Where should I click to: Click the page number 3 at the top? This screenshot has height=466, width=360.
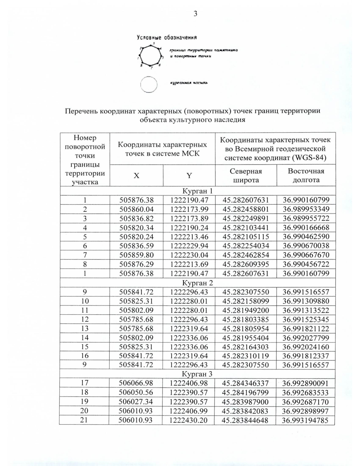coord(195,14)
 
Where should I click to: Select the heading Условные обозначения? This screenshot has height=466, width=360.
coord(166,38)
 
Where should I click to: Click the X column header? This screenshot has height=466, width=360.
coord(136,176)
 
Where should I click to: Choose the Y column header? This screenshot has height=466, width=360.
coord(189,176)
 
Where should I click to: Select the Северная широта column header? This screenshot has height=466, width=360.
coord(246,176)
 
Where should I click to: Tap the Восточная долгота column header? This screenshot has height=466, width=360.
coord(306,176)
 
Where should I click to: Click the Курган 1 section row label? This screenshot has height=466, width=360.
coord(197,191)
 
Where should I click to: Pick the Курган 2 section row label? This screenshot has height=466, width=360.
coord(197,283)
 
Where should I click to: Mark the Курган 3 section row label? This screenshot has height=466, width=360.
coord(197,374)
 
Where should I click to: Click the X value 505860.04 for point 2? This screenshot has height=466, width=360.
coord(136,209)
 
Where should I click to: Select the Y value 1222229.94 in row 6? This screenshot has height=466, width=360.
coord(189,246)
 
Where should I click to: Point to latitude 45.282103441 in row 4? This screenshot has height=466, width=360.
coord(246,227)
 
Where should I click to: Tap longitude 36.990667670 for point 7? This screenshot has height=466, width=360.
coord(306,255)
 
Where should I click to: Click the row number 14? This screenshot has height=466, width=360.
coord(85,338)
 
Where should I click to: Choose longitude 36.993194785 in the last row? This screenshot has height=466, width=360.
coord(305,420)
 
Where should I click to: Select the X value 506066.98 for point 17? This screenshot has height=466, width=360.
coord(136,383)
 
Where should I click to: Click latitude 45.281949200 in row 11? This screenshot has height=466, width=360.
coord(246,310)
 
